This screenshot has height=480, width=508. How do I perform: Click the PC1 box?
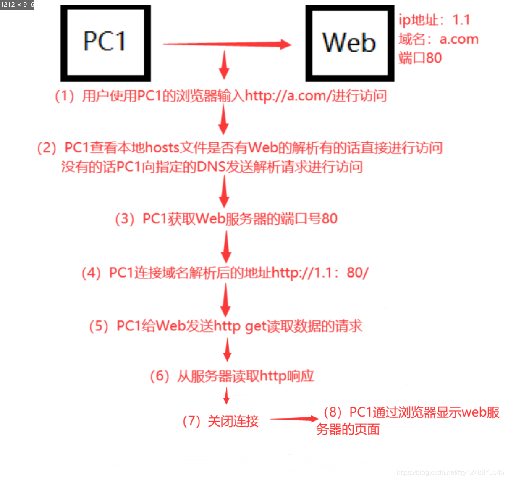[x=105, y=43]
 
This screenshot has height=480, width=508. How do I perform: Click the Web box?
[x=350, y=43]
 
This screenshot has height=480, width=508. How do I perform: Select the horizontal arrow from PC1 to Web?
[x=227, y=44]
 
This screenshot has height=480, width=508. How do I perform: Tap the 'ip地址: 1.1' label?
[x=434, y=20]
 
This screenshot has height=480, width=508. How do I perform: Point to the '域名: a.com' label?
[x=438, y=39]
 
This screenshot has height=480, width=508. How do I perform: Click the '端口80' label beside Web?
[x=420, y=58]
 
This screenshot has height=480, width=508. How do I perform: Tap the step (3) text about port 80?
[x=226, y=219]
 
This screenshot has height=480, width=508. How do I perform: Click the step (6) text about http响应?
[x=232, y=376]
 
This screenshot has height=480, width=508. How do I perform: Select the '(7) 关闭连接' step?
[x=221, y=421]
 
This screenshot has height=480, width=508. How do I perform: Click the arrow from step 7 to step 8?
[x=294, y=419]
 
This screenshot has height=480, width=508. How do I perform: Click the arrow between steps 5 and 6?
[x=227, y=350]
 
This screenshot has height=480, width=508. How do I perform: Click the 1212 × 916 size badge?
[x=17, y=5]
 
